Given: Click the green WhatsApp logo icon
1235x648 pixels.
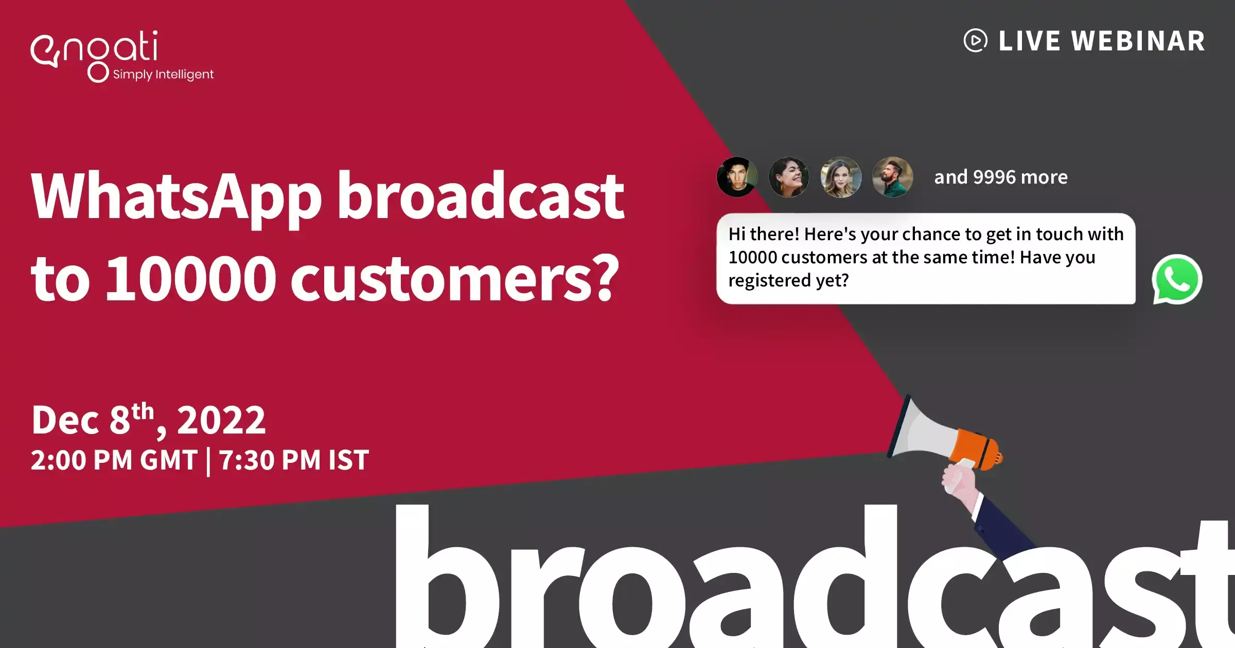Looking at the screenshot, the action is [x=1177, y=279].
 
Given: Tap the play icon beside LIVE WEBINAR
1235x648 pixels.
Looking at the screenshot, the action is [x=975, y=41].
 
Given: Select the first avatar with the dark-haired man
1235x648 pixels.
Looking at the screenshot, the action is [x=737, y=177].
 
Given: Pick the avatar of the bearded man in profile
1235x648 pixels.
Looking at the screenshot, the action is [x=893, y=177].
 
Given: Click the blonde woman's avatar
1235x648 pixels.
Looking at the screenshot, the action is [x=841, y=177].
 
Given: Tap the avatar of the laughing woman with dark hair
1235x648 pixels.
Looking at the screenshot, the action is [x=789, y=177].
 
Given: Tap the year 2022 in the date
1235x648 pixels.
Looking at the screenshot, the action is [x=221, y=420].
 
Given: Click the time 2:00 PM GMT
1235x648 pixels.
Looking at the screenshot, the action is [x=114, y=460].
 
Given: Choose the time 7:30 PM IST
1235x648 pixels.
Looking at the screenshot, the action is [x=294, y=460].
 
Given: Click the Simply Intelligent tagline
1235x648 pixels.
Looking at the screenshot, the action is [x=163, y=75].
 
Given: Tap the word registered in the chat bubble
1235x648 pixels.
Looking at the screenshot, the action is [x=770, y=281].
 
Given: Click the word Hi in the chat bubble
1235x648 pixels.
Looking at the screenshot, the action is [x=737, y=234].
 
